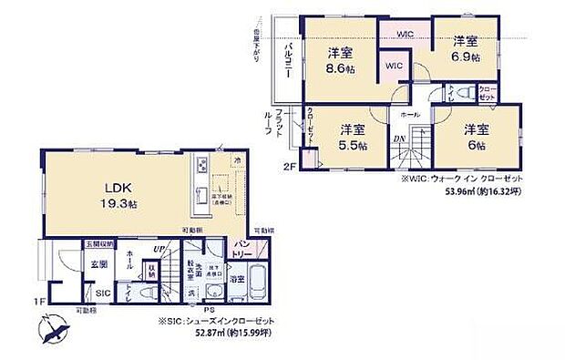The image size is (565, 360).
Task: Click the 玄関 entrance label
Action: [72, 263]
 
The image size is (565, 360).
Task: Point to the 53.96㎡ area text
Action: [481, 193]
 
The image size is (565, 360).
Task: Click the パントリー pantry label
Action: [241, 248]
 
